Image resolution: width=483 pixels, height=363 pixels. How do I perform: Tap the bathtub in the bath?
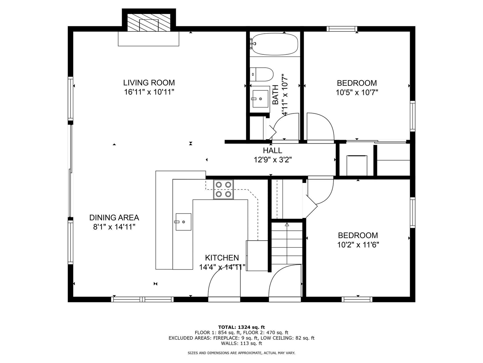tap(275, 44)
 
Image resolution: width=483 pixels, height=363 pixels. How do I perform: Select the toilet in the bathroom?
tap(262, 74)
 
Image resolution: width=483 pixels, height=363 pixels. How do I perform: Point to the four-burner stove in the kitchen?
tap(223, 189)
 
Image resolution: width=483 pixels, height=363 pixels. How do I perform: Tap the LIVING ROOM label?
tap(149, 82)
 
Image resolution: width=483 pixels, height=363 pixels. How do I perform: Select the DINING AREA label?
tap(114, 218)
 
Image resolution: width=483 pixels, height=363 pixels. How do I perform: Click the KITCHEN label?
tap(222, 258)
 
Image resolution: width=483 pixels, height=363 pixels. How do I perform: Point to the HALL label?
tap(272, 150)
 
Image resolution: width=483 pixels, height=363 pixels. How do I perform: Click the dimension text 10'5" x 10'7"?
tap(357, 92)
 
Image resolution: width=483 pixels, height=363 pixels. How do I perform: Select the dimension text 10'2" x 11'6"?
tap(358, 245)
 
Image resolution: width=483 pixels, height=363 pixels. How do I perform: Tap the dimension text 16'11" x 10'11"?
tap(149, 92)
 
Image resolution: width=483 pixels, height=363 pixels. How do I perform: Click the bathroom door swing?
tap(286, 127)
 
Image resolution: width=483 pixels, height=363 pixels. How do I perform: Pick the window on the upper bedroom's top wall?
tap(342, 28)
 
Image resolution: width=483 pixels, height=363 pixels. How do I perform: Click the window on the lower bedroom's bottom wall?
tap(357, 299)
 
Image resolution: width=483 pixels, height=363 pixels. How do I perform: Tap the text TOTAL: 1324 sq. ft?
tap(241, 327)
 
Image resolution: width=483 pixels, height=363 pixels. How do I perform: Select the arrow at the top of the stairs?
tap(287, 225)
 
